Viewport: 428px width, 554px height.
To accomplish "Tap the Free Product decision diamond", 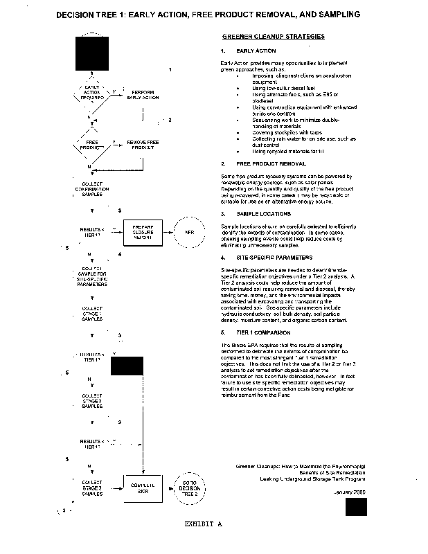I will coord(91,145).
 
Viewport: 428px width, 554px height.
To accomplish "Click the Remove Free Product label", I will coord(143,145).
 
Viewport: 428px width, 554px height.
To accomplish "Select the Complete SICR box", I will coord(141,487).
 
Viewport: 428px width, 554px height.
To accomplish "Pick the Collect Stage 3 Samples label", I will coord(92,488).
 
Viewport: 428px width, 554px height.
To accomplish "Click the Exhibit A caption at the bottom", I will coord(203,524).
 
